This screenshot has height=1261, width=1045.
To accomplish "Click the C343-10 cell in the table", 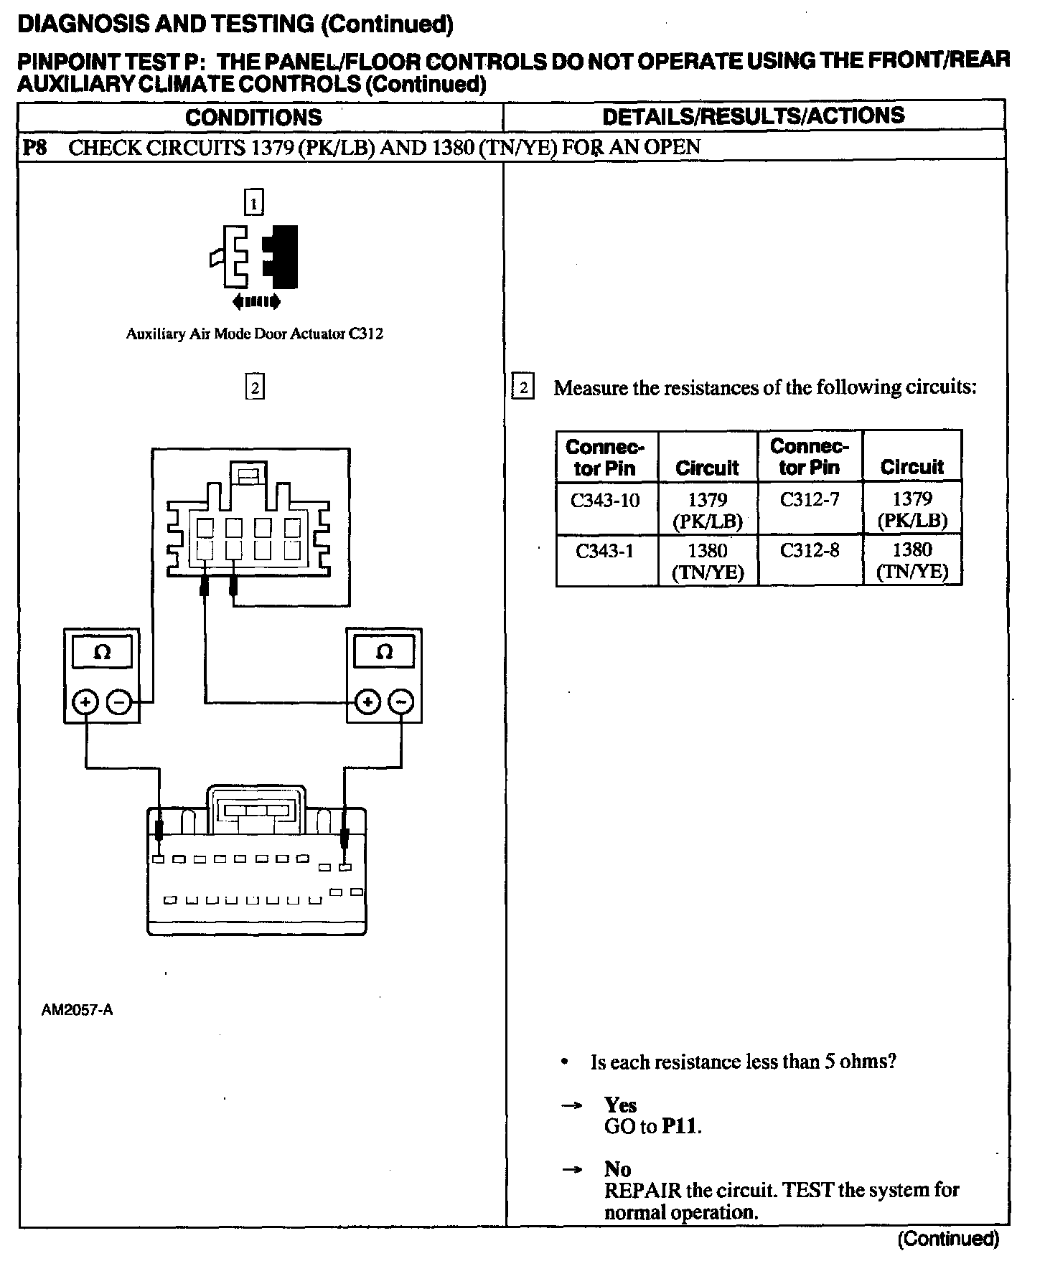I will click(x=604, y=500).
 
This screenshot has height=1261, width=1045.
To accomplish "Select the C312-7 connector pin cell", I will click(x=809, y=499).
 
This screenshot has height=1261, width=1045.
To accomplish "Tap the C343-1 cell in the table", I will click(x=604, y=551).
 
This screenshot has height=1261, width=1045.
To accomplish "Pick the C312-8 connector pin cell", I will click(x=809, y=551).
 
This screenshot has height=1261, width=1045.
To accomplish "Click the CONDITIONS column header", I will click(x=253, y=117).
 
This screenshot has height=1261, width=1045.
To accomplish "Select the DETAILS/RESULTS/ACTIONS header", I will click(x=753, y=116).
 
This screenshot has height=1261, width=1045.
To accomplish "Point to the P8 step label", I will click(x=34, y=148).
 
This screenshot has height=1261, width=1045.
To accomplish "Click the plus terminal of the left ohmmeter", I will click(x=85, y=702).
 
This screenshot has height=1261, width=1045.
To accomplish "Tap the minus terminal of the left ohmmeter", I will click(x=118, y=702).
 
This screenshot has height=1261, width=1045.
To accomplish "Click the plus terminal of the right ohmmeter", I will click(x=368, y=702).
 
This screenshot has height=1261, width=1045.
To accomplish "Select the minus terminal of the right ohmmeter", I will click(x=401, y=702).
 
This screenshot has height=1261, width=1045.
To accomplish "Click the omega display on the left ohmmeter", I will click(x=102, y=653).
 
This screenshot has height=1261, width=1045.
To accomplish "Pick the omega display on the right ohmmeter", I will click(x=385, y=652).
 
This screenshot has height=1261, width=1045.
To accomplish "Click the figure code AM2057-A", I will click(x=78, y=1010).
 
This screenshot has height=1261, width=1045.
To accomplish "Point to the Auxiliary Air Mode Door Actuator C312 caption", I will click(x=254, y=334).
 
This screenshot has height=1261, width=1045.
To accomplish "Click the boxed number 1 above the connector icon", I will click(x=254, y=203).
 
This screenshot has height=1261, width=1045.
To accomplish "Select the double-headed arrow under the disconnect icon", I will click(x=256, y=302).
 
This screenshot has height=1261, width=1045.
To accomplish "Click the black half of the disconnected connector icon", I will click(x=282, y=256).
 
